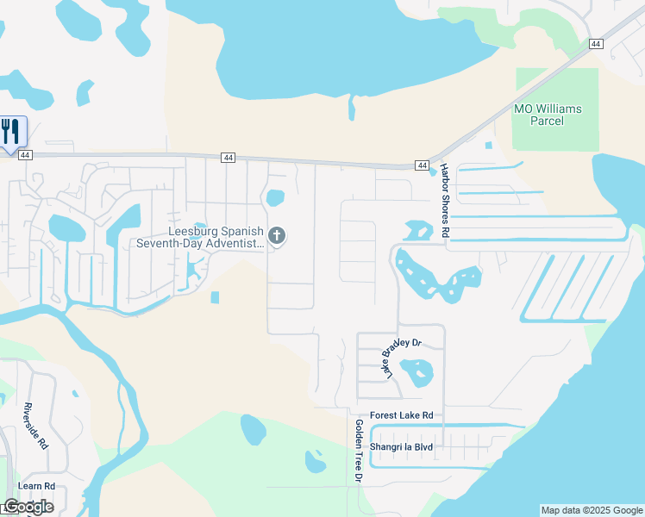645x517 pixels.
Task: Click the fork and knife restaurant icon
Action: (11, 132)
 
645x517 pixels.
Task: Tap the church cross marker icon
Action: (277, 235)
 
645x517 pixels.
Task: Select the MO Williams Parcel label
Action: (548, 115)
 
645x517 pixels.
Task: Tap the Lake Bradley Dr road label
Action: (403, 357)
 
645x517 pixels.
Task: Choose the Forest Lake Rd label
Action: (401, 415)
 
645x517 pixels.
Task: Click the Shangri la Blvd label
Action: (401, 448)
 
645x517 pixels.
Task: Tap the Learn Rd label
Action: (37, 486)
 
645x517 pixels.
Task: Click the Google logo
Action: (28, 507)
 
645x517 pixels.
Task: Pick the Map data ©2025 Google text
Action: (592, 510)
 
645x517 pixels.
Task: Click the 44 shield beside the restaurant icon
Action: (25, 155)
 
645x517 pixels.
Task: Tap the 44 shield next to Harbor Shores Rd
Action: (422, 165)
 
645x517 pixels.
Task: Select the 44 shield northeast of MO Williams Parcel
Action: (595, 44)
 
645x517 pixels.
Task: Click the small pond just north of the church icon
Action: (275, 198)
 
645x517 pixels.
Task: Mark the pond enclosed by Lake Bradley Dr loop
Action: (416, 372)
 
